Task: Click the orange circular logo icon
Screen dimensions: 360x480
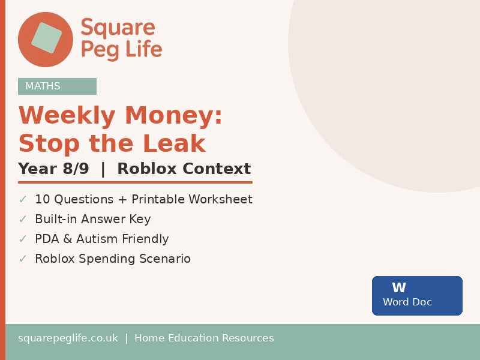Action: click(46, 39)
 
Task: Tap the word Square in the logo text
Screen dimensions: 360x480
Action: click(118, 28)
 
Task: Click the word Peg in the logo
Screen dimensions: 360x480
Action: click(100, 50)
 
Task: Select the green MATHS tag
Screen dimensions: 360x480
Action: click(57, 86)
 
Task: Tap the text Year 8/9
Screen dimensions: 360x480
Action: click(53, 169)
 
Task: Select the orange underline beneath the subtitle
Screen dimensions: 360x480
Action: click(135, 182)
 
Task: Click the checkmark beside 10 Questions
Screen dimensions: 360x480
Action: click(23, 199)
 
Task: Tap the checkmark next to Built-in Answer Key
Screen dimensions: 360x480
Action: click(23, 219)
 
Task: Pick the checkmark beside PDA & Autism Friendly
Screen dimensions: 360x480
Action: click(23, 239)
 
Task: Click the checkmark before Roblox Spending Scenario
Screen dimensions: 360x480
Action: click(23, 259)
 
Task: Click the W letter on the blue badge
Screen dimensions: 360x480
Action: click(399, 288)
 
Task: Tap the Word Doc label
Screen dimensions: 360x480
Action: click(407, 302)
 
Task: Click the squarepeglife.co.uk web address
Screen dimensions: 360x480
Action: click(68, 338)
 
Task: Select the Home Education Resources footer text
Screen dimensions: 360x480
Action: click(204, 338)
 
